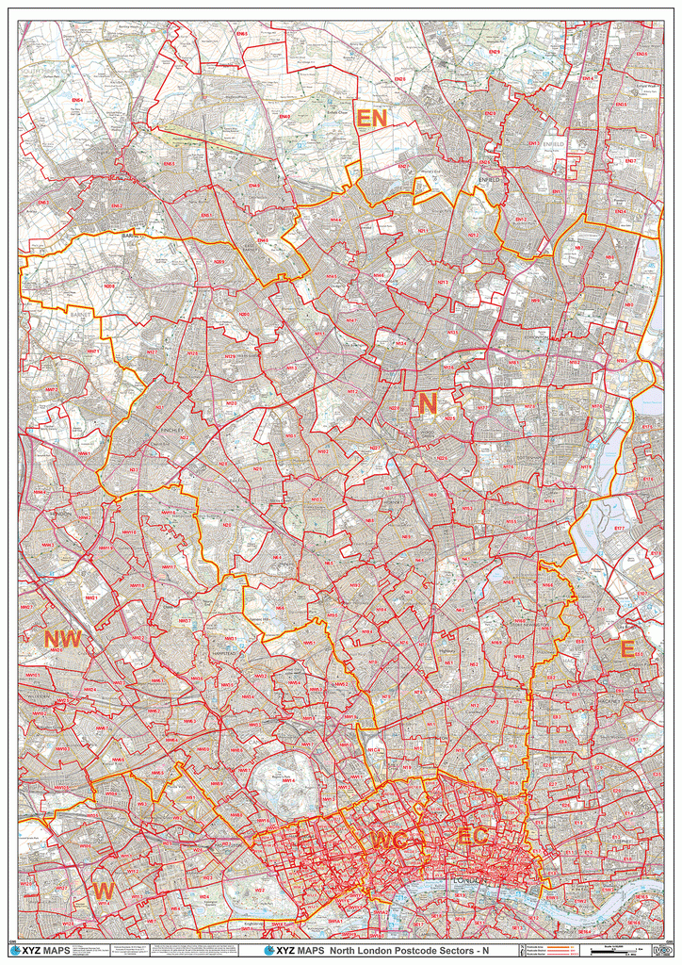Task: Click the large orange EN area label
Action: [x=371, y=119]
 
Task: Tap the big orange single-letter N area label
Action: [x=427, y=404]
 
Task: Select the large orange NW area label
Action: [x=62, y=640]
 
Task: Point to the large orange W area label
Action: [x=104, y=890]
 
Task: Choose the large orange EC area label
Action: [x=472, y=836]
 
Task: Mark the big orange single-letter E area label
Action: [x=626, y=649]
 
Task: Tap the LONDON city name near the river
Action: [x=468, y=880]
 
